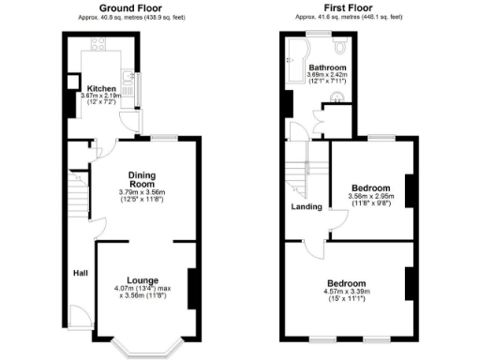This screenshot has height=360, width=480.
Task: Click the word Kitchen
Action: (x=100, y=90)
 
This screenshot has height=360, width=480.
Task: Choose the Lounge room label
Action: (x=143, y=279)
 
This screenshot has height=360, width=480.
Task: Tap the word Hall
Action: (x=82, y=274)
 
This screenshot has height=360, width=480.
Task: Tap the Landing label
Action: (x=307, y=206)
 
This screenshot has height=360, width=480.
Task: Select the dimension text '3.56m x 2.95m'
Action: (x=372, y=197)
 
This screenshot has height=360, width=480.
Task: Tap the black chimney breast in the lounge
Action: (x=193, y=288)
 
